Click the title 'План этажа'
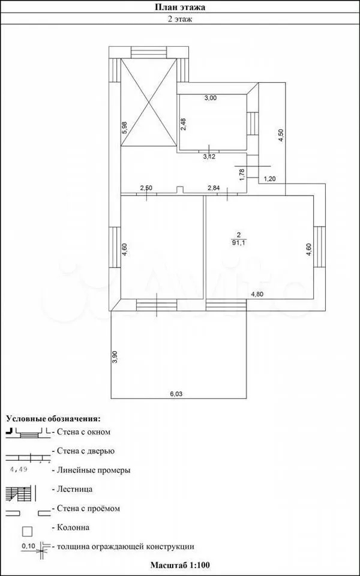tap(179, 7)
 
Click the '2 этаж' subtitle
tap(179, 19)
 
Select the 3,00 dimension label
tap(211, 98)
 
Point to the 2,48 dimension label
tap(184, 124)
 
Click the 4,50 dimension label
tap(281, 134)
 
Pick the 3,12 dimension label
tap(210, 157)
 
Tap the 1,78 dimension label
tap(242, 174)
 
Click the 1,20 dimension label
tap(269, 179)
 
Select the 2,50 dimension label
tap(147, 188)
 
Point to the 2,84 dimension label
tap(214, 188)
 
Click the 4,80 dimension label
tap(258, 294)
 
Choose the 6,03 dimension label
tap(176, 394)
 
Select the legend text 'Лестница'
tap(73, 490)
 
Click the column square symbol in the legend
tap(28, 531)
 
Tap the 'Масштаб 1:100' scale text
tap(180, 564)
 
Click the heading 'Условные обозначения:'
tap(53, 419)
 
